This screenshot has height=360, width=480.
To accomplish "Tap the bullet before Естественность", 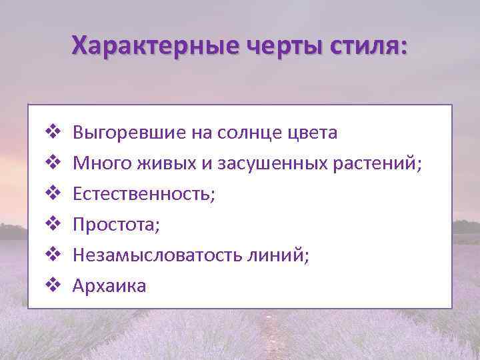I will [53, 194].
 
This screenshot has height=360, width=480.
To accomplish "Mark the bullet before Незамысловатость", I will [53, 255].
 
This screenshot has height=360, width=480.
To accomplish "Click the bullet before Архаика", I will [53, 286].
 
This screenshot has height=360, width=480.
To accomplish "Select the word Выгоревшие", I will [129, 133].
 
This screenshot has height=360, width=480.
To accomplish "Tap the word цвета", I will [313, 133].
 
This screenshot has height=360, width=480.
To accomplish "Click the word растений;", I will [382, 163].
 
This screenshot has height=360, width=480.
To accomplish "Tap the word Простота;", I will [117, 225].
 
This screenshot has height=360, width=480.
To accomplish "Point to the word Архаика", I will [110, 286].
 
